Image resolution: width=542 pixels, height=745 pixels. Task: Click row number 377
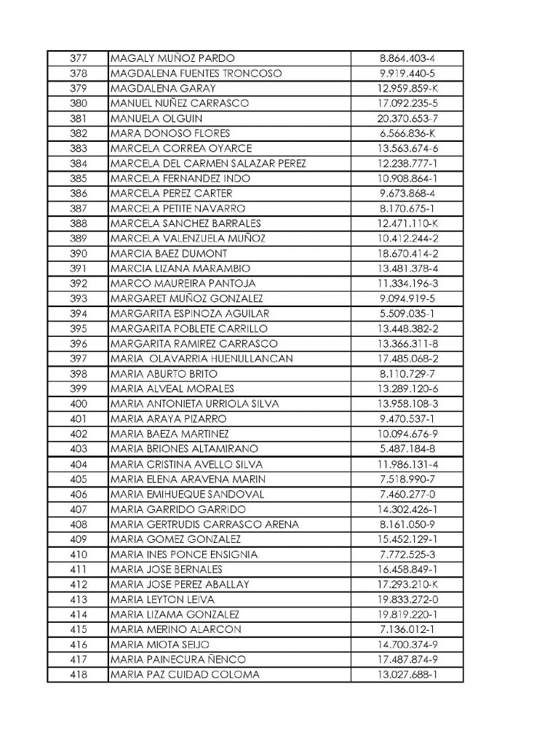[79, 58]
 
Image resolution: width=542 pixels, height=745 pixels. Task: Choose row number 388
[79, 223]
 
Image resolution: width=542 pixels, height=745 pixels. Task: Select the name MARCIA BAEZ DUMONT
[169, 254]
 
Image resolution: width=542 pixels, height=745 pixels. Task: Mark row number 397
[79, 359]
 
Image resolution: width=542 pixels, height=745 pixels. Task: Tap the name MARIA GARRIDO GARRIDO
[178, 509]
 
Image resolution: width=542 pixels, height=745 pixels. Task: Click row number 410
[79, 554]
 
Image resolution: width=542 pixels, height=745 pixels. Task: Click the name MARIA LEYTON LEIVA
[162, 599]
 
